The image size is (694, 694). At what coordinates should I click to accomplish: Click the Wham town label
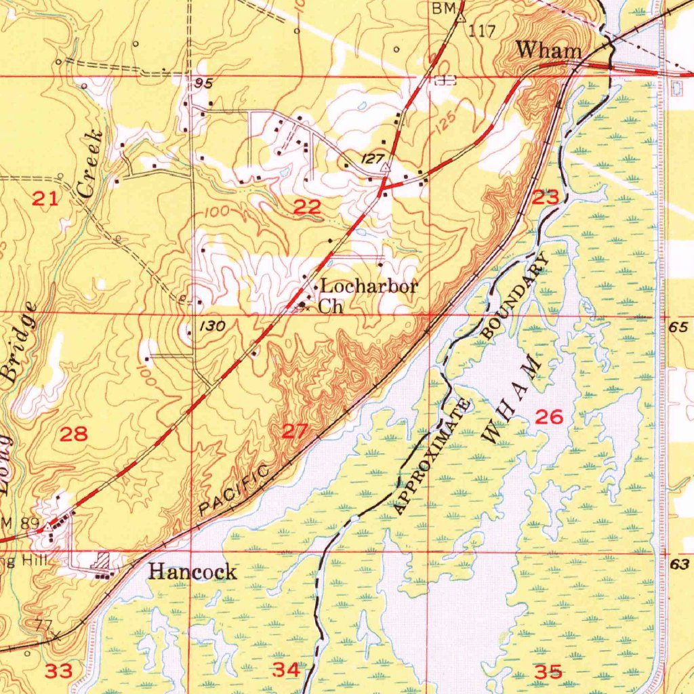(x=548, y=50)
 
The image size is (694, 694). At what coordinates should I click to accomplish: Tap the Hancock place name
(x=192, y=572)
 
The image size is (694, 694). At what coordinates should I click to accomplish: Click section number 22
(x=307, y=207)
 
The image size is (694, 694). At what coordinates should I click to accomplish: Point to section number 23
(x=546, y=197)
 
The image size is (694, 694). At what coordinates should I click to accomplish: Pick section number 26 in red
(x=549, y=417)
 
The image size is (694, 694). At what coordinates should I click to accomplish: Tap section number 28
(x=73, y=434)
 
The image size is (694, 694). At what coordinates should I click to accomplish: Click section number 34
(x=285, y=670)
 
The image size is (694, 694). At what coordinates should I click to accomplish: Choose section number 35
(x=548, y=672)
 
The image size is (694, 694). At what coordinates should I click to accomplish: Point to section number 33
(x=59, y=671)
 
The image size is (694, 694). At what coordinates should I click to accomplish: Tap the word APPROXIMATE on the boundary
(x=432, y=457)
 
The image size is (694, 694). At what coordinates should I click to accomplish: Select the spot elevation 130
(x=212, y=327)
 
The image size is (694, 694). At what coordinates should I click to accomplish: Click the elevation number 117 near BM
(x=482, y=30)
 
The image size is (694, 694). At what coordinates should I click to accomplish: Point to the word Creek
(x=91, y=163)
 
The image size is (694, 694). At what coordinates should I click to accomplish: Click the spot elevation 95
(x=203, y=84)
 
